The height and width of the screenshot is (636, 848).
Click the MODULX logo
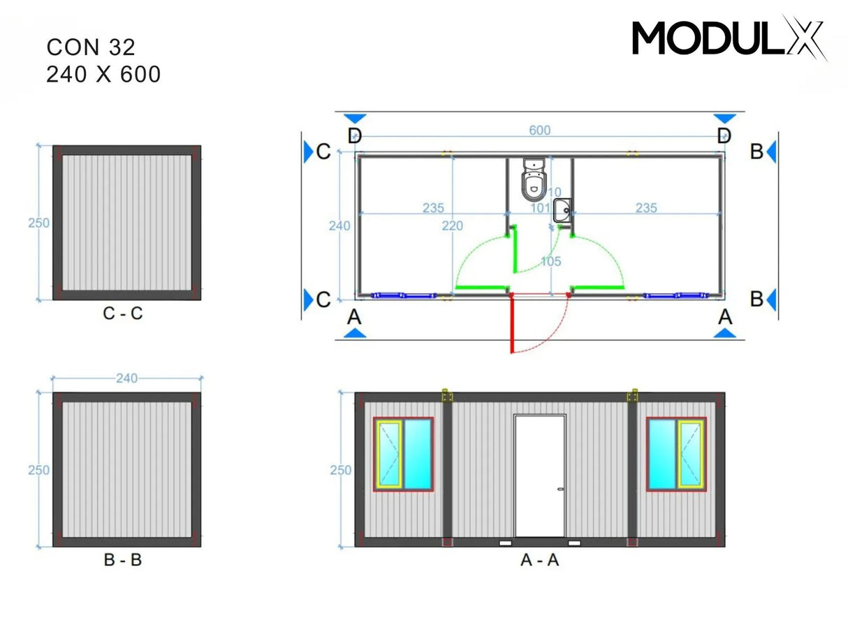[x=729, y=38]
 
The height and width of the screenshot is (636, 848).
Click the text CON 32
[x=91, y=47]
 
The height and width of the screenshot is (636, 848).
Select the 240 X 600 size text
[x=103, y=74]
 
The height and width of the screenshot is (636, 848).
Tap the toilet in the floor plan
[x=534, y=179]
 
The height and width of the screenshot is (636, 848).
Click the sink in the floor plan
[x=562, y=209]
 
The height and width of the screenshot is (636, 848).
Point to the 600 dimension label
[x=539, y=131]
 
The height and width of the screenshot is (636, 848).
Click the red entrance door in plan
[x=512, y=324]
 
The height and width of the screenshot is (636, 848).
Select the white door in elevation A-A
[x=539, y=476]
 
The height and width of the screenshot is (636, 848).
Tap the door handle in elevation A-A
[x=560, y=489]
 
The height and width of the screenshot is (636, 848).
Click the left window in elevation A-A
[x=403, y=454]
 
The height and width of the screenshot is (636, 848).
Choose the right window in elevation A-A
[x=675, y=454]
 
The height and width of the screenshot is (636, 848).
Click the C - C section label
[x=122, y=314]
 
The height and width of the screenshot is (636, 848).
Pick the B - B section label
[x=122, y=560]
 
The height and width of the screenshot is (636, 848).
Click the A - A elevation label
[x=539, y=560]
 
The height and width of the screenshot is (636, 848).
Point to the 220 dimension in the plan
[x=453, y=225]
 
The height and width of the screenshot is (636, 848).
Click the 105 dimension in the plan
[x=550, y=261]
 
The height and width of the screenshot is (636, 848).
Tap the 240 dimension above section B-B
[x=126, y=378]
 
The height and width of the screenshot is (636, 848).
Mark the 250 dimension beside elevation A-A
[x=341, y=471]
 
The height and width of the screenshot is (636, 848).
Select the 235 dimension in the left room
[x=433, y=208]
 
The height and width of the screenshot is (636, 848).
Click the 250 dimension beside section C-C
[x=38, y=223]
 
